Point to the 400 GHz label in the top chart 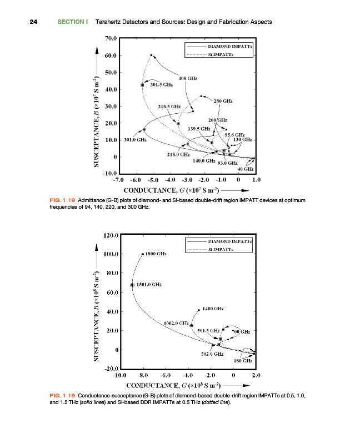tap(188, 78)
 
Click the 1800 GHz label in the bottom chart tap(156, 254)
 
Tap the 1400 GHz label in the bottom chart tap(213, 307)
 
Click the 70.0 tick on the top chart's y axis tap(110, 38)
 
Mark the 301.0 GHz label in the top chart tap(135, 140)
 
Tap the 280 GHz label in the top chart tap(223, 101)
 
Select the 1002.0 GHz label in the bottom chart tap(177, 322)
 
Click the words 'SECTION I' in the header tap(73, 22)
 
